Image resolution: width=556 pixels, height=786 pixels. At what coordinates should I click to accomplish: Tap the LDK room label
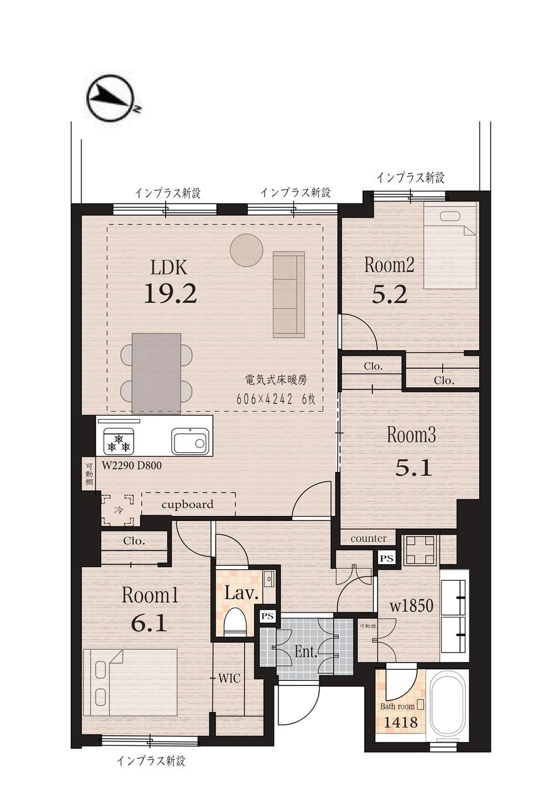click(x=168, y=268)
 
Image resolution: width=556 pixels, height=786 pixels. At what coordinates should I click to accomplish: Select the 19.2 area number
click(x=170, y=293)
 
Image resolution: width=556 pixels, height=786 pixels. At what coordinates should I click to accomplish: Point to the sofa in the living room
click(x=289, y=295)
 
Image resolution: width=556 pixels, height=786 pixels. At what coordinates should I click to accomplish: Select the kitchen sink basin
click(x=189, y=441)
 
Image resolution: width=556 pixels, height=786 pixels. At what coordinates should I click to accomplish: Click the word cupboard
click(x=187, y=505)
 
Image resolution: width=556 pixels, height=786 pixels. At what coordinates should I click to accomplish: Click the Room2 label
click(x=389, y=265)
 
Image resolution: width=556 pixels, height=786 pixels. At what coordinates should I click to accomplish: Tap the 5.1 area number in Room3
click(x=413, y=469)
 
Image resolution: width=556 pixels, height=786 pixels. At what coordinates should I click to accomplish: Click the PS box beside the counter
click(x=387, y=559)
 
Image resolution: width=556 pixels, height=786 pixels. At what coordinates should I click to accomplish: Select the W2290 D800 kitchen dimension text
click(x=132, y=466)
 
